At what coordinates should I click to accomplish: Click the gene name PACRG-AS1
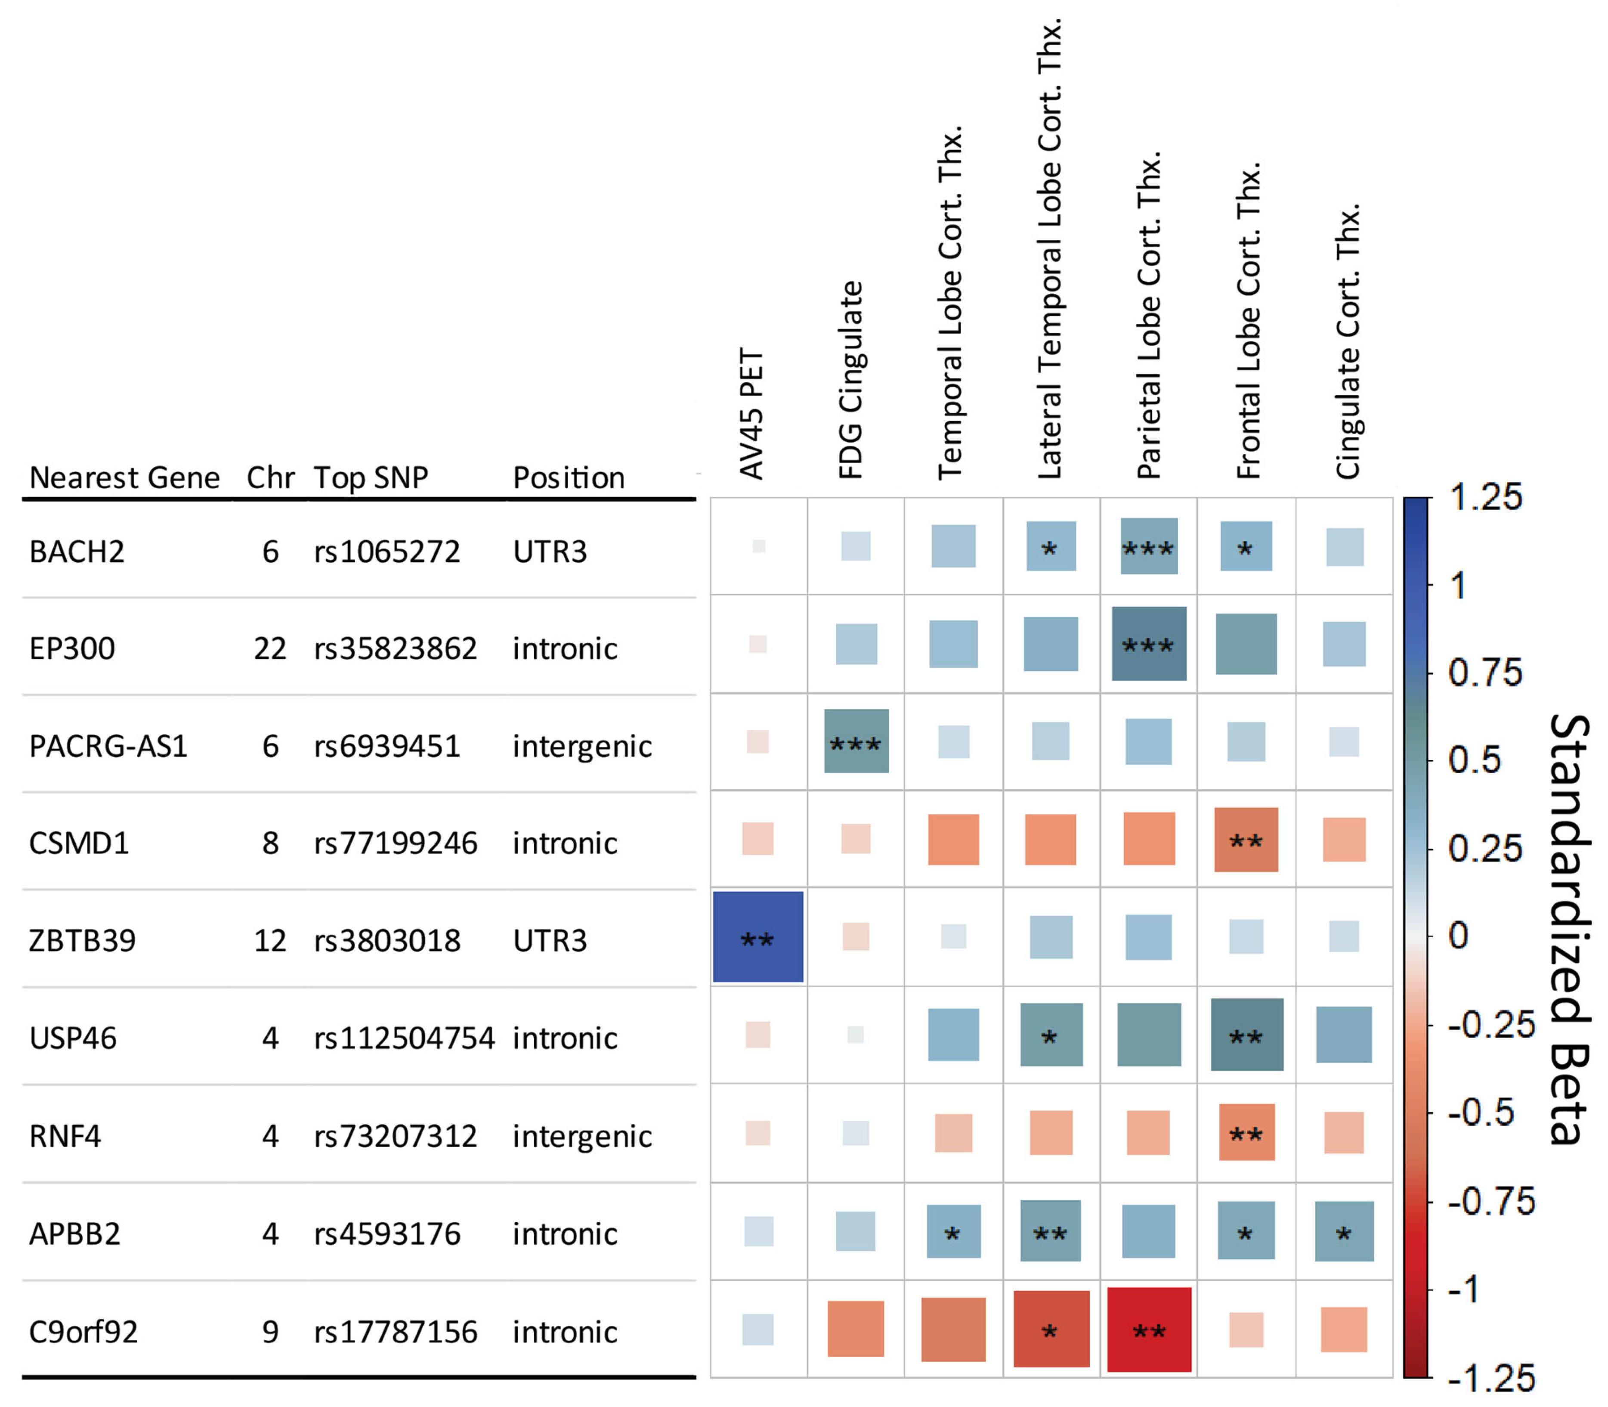tap(108, 746)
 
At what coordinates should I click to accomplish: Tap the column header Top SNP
tap(371, 477)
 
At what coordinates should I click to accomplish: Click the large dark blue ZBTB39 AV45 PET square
tap(758, 937)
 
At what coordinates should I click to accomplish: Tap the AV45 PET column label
tap(751, 414)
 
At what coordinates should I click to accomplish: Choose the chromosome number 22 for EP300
tap(270, 648)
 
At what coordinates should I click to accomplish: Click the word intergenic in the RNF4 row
tap(581, 1136)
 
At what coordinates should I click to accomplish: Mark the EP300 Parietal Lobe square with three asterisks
tap(1148, 644)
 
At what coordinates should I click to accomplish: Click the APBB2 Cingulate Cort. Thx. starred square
tap(1344, 1231)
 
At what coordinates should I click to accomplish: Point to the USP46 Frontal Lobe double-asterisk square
tap(1246, 1035)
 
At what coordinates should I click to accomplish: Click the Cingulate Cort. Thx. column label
tap(1348, 341)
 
